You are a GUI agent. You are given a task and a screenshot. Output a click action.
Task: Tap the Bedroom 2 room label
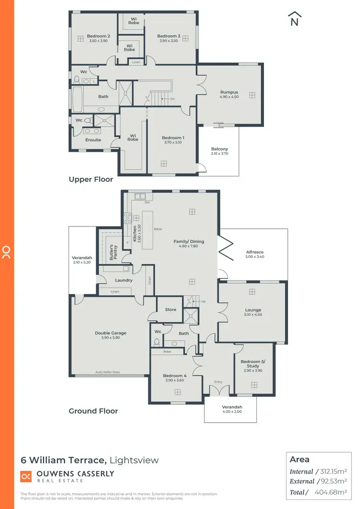[98, 36]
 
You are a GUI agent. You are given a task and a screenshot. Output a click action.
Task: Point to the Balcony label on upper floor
[219, 149]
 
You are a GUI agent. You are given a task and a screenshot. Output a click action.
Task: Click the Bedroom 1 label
[173, 138]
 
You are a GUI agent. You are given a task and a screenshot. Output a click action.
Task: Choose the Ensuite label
[93, 140]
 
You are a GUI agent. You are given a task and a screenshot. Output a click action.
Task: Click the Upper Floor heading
[91, 179]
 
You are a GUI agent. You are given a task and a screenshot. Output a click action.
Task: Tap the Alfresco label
[254, 252]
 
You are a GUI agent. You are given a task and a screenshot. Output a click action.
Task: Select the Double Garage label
[110, 332]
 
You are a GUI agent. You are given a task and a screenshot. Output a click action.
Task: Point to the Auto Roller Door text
[108, 372]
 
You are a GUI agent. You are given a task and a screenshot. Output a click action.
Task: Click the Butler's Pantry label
[112, 252]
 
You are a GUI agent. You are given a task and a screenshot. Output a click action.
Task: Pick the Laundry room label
[123, 280]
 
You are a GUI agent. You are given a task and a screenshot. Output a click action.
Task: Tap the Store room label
[170, 309]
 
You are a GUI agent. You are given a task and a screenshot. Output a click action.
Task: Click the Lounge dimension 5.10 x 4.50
[253, 315]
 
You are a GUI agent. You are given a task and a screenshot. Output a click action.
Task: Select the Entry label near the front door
[218, 382]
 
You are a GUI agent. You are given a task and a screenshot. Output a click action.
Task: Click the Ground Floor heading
[93, 411]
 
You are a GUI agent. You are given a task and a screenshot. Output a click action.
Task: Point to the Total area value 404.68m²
[331, 492]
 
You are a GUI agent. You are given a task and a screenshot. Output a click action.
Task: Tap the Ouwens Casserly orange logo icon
[26, 476]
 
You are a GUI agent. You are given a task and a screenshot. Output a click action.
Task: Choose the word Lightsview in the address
[134, 460]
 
